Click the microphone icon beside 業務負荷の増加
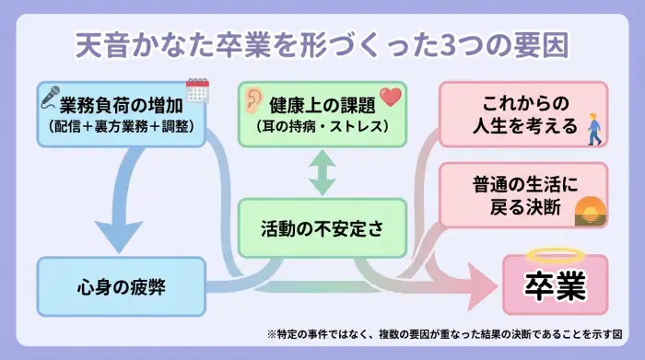click(x=48, y=95)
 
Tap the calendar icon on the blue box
click(x=197, y=90)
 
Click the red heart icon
click(x=391, y=96)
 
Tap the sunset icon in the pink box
click(x=590, y=211)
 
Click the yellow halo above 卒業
click(x=556, y=256)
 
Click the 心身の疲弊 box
click(x=121, y=285)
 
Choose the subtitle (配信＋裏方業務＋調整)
click(x=122, y=124)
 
